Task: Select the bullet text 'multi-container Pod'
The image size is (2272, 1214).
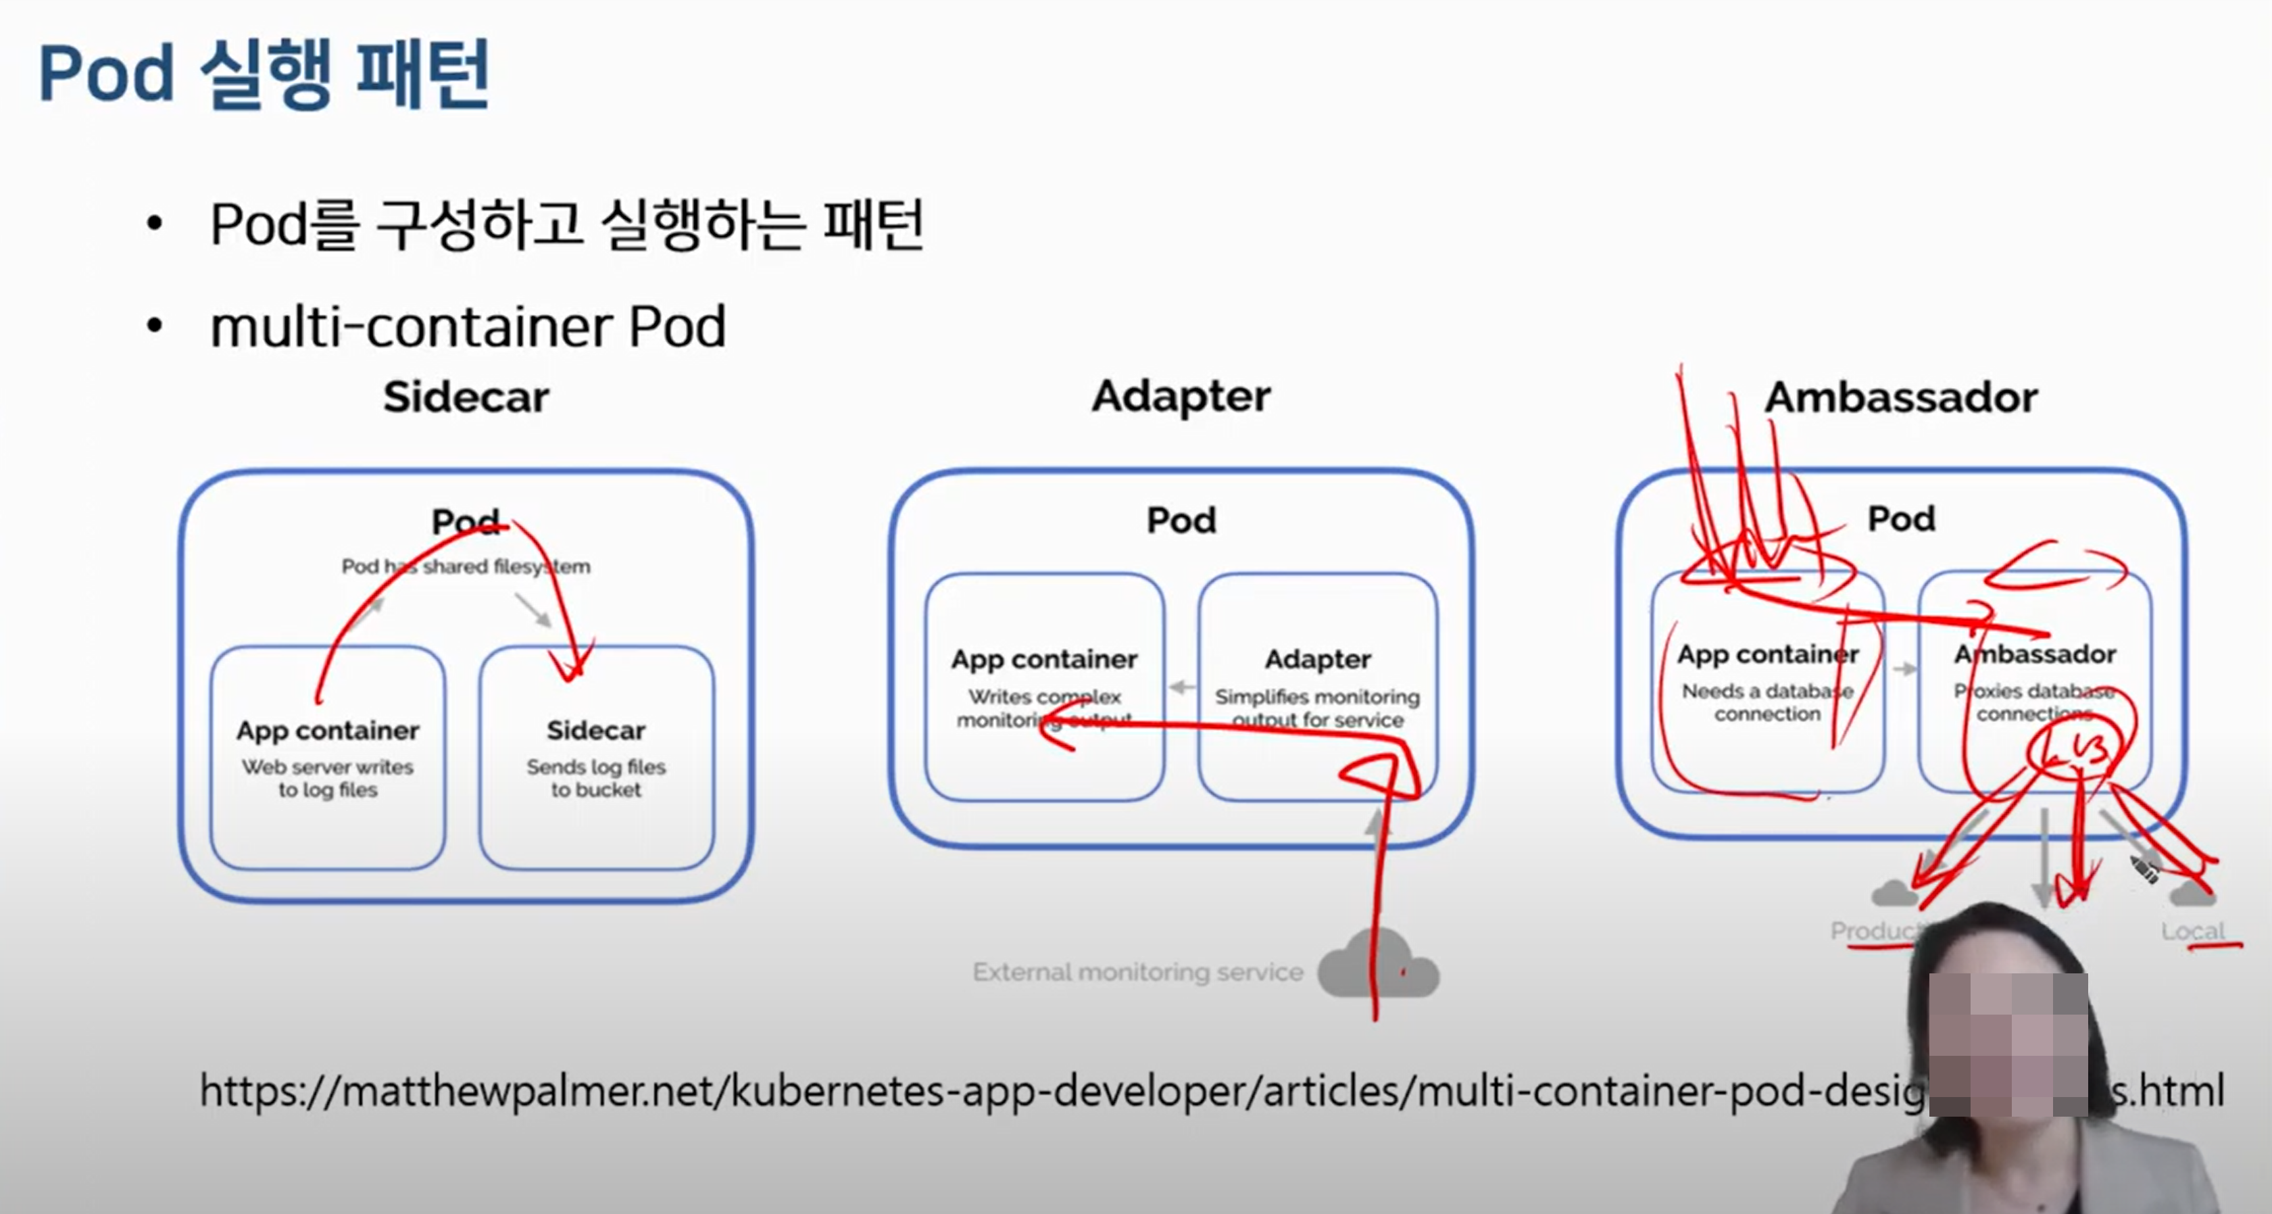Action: (x=468, y=327)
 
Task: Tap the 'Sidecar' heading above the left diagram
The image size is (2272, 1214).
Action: (x=466, y=397)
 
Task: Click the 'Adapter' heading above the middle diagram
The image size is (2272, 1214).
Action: (x=1181, y=396)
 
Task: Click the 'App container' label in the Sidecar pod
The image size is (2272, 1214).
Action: (x=327, y=731)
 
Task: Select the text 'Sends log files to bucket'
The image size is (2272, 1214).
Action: (x=596, y=778)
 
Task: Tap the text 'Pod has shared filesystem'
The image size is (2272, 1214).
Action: (x=466, y=566)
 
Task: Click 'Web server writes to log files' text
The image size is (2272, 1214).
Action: (x=327, y=778)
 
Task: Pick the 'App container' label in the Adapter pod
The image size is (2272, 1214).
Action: (x=1044, y=659)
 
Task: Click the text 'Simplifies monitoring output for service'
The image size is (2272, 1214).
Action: (x=1317, y=708)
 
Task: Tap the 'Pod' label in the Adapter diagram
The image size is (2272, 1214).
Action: (x=1181, y=520)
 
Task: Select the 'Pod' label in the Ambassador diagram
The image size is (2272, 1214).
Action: (x=1901, y=518)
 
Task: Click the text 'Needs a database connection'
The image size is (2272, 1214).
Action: (x=1767, y=702)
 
